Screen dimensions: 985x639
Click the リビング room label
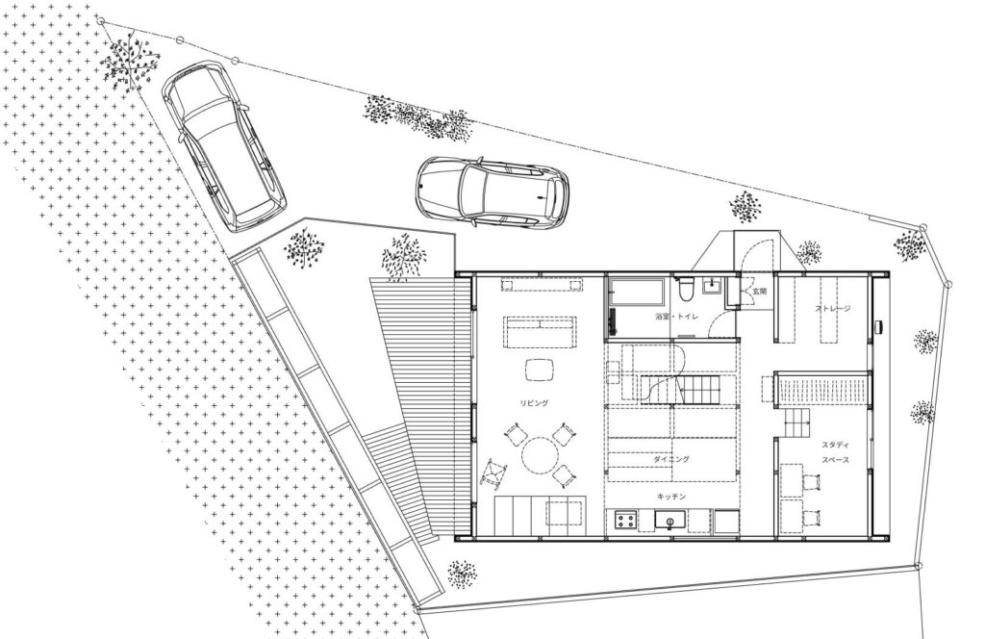534,403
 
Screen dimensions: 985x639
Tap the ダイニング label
670,459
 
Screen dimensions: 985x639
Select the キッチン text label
670,497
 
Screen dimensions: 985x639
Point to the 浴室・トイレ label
676,317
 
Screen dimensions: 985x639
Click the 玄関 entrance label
760,291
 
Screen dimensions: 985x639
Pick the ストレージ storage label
833,309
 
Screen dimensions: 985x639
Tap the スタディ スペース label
835,451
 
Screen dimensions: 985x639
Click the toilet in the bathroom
687,289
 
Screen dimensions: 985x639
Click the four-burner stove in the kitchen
625,521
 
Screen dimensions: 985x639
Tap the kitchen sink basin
670,520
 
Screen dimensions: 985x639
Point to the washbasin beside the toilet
712,286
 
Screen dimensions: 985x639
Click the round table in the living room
539,455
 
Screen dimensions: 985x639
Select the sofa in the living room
540,332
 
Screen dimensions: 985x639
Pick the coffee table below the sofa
540,370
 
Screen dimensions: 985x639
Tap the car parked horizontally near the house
492,192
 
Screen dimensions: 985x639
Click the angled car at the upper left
223,145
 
